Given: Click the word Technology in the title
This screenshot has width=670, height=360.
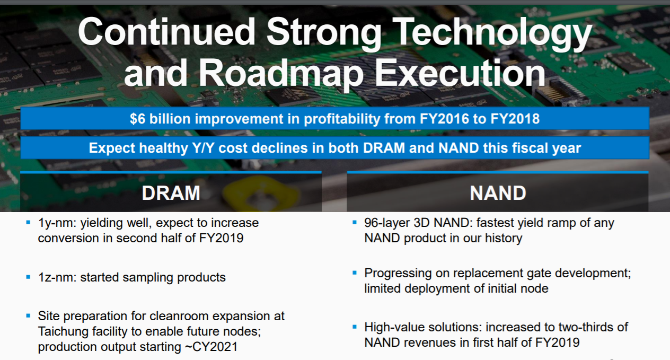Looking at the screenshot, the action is coord(492,32).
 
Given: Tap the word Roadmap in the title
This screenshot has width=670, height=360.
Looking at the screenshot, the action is coord(281,73).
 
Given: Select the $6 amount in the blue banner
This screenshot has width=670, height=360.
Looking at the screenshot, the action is coord(137,119).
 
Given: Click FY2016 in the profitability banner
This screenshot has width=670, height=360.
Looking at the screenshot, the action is coord(444,119).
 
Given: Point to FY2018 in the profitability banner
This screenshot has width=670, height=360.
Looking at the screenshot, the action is coord(515,119).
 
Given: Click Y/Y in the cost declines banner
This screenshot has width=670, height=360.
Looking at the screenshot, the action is coord(203,148).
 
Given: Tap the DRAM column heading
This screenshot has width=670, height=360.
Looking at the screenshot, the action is coord(171,193).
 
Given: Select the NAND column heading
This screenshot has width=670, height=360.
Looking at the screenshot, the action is coord(498,193).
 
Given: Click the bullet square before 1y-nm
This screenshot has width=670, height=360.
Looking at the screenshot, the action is coord(29,222).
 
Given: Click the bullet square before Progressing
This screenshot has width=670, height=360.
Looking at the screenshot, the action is coord(355,273).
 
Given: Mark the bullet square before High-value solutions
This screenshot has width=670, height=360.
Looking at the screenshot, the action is coord(355,327).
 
